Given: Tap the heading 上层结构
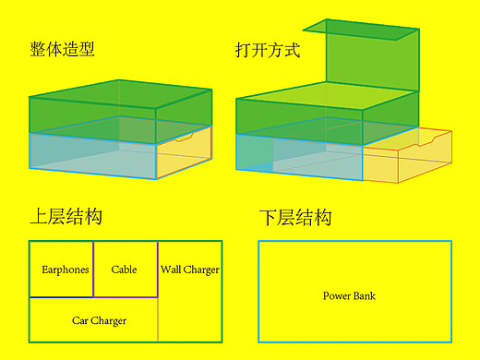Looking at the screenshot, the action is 66,217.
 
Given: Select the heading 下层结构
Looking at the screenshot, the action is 295,219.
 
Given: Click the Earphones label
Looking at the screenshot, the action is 66,270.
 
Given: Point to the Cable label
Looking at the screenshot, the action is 124,270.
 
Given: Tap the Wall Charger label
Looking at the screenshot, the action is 190,270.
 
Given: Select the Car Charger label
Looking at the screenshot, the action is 99,320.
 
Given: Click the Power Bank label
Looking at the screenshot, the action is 349,295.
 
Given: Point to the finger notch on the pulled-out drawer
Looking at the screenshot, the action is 426,139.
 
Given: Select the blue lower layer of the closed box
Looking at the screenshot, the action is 92,155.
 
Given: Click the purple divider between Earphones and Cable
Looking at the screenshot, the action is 93,269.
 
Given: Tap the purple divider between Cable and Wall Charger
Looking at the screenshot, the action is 158,269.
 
